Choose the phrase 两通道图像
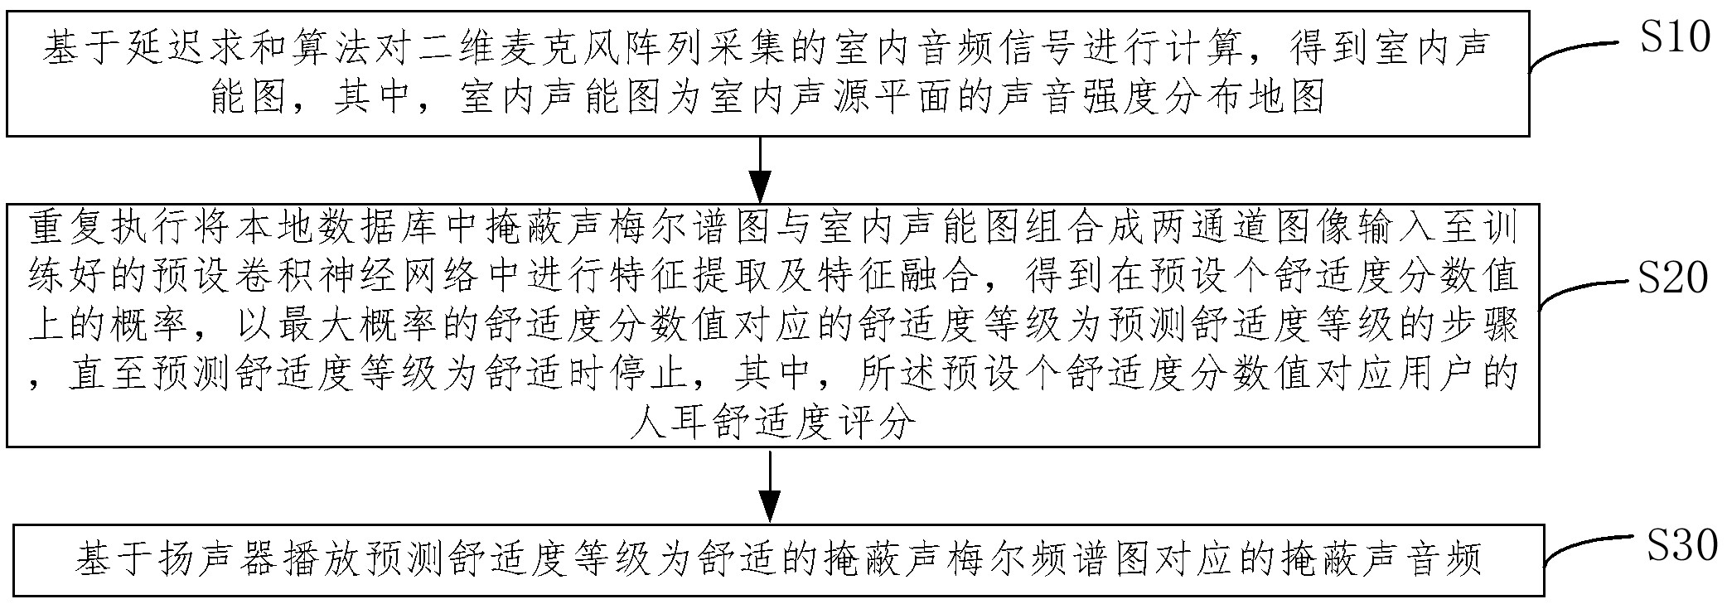pos(1242,230)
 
